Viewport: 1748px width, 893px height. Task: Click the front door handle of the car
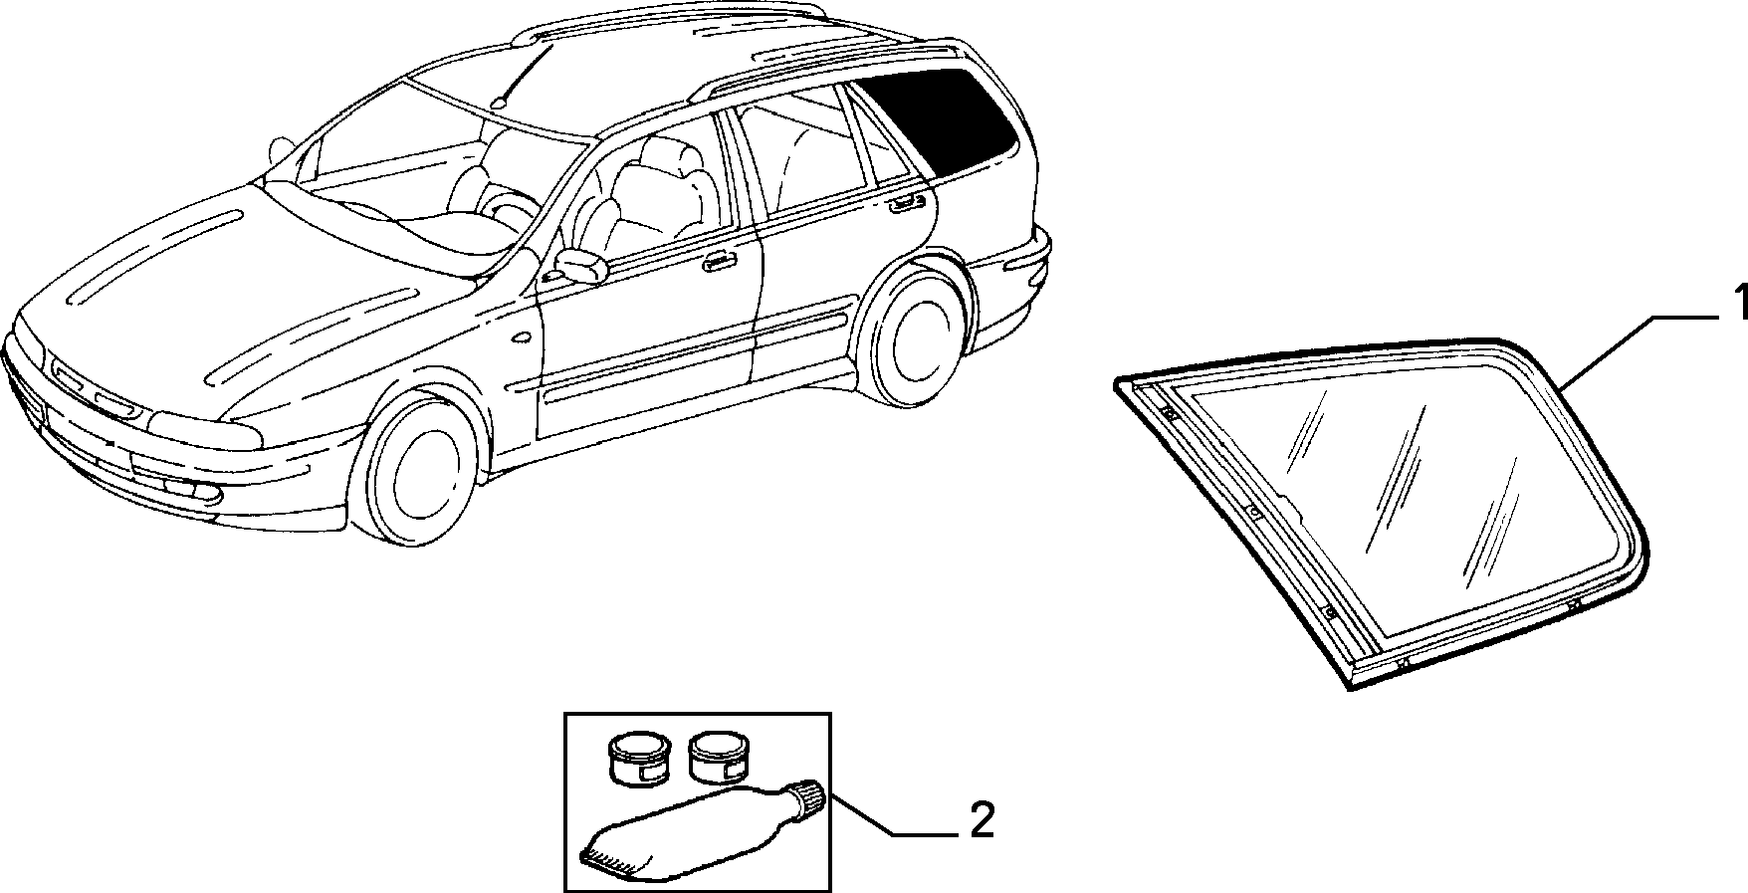716,263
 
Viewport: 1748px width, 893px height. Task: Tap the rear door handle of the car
903,204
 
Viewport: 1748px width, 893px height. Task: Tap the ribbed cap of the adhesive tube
810,796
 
